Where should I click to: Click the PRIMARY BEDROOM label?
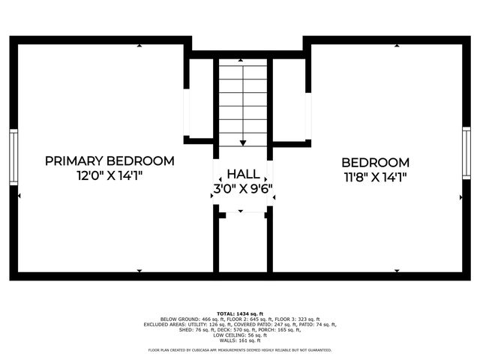point(109,161)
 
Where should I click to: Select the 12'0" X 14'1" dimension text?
point(109,175)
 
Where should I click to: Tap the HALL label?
point(243,173)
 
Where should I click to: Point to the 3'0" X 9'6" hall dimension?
point(243,188)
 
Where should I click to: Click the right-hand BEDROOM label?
point(375,162)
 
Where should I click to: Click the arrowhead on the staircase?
point(243,142)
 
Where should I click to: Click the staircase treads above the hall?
point(243,101)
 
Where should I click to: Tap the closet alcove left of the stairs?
point(201,97)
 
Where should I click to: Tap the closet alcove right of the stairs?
point(289,97)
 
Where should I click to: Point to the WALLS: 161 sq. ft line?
point(240,340)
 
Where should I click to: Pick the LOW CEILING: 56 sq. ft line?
point(240,335)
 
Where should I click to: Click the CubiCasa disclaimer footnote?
point(240,349)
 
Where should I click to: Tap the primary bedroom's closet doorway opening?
point(187,112)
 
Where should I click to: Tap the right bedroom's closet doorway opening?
point(307,112)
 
